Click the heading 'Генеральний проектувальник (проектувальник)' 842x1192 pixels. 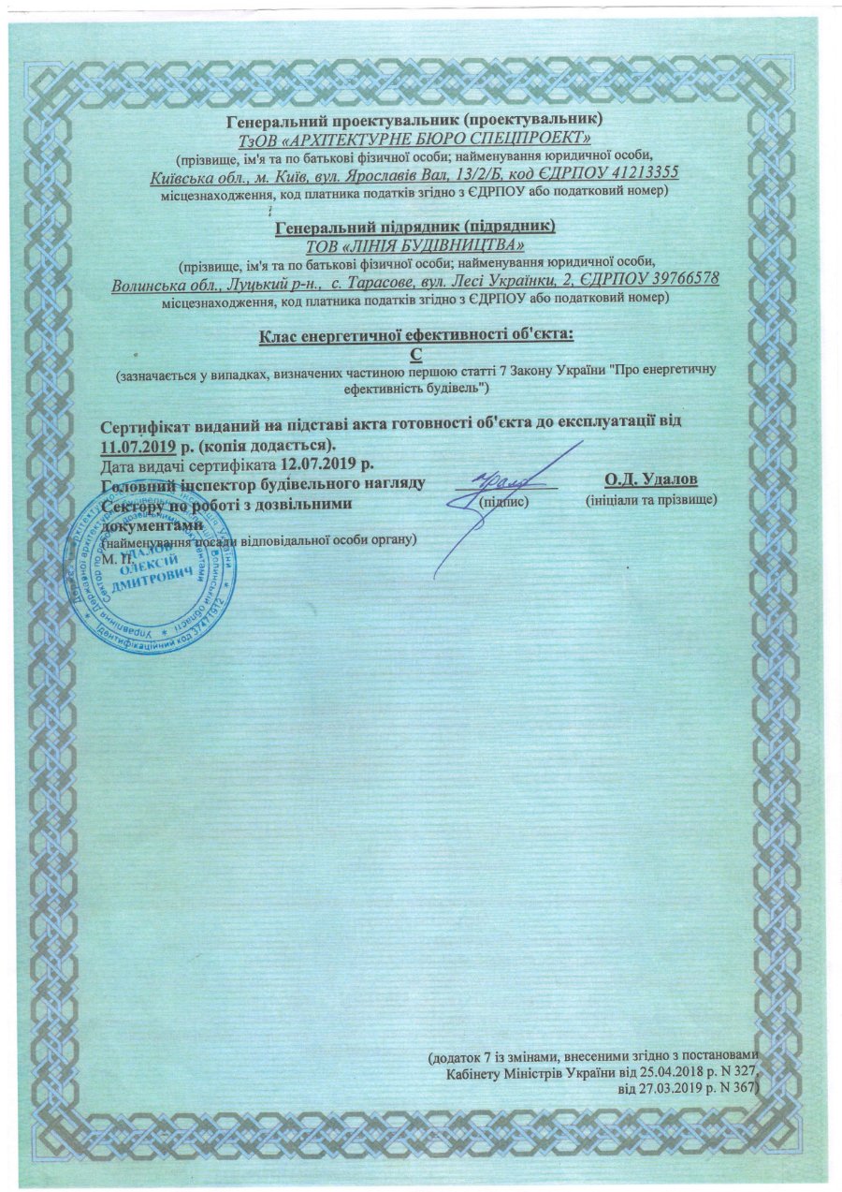pos(415,119)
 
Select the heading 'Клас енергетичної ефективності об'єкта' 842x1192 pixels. pos(415,334)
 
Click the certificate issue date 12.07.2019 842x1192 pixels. pos(327,464)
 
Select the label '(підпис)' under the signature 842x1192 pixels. pos(504,502)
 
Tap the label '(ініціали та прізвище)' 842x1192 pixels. pos(651,502)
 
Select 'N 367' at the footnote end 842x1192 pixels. pos(733,1088)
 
